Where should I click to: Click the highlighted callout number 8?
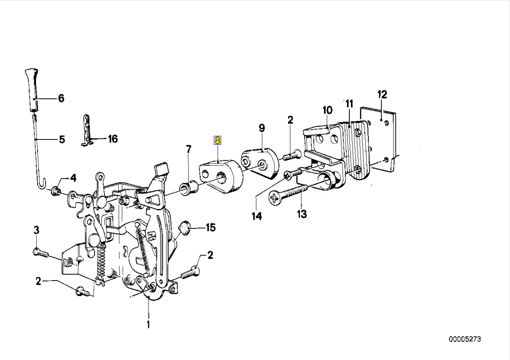pos(217,140)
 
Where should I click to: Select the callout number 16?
pos(113,139)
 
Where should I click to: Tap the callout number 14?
pos(257,216)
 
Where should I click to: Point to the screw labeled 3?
pos(40,253)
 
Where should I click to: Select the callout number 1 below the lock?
pos(148,324)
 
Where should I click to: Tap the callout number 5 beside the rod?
pos(62,139)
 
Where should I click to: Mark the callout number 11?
pos(349,104)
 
